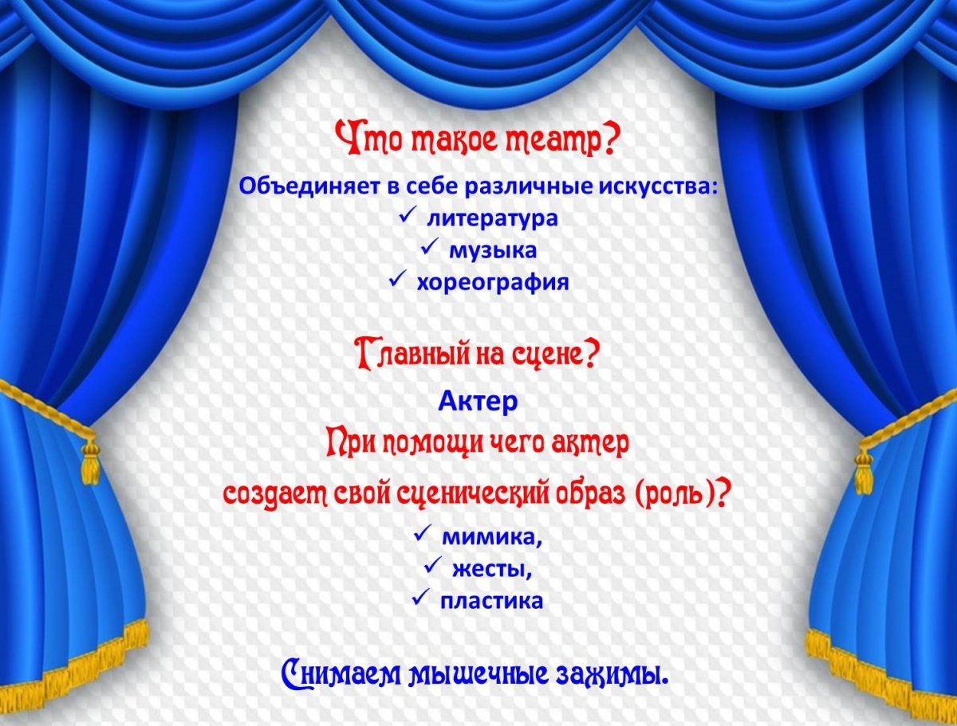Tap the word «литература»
click(x=491, y=218)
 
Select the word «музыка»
click(x=492, y=250)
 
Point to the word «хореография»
click(x=492, y=282)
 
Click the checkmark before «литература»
click(x=406, y=216)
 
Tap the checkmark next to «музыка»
click(x=427, y=249)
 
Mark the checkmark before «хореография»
click(x=396, y=281)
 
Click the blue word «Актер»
click(x=478, y=402)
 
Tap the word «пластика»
click(x=491, y=601)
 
